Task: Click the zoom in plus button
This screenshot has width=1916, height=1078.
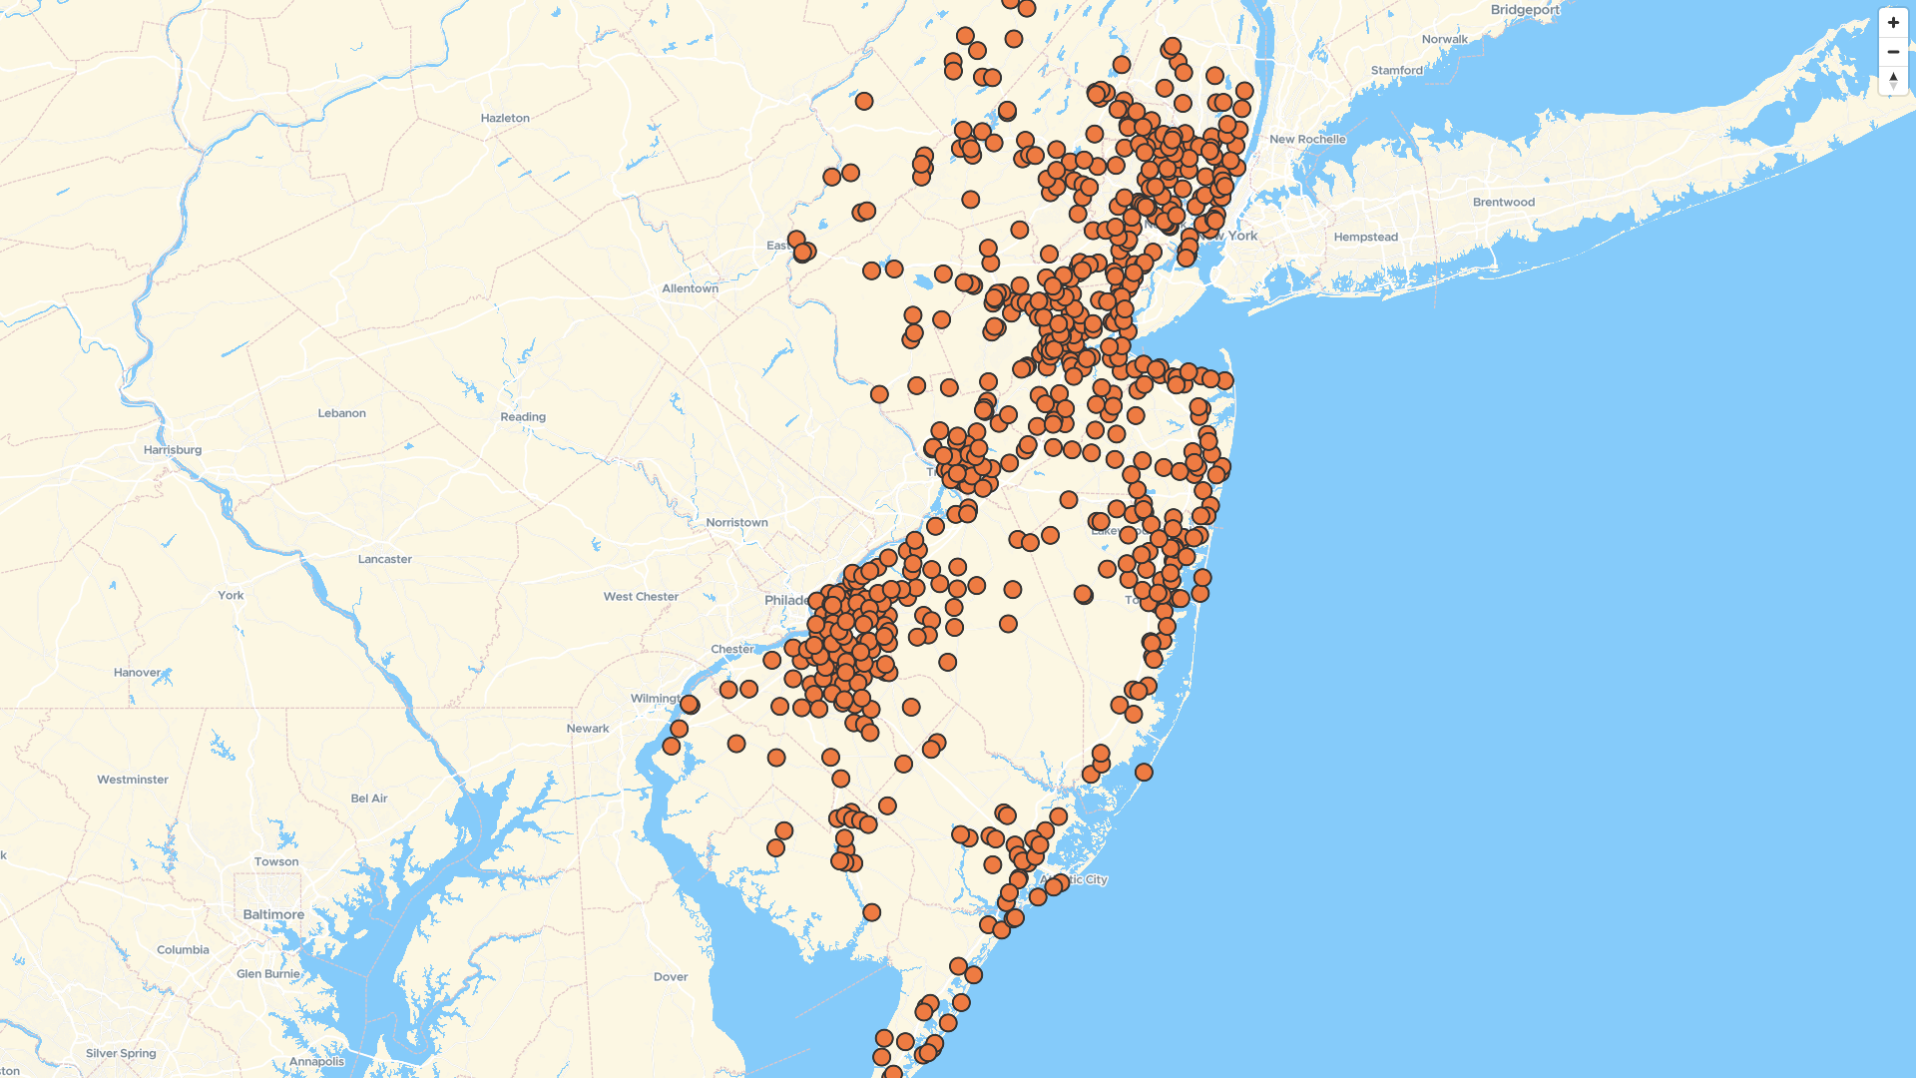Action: coord(1893,23)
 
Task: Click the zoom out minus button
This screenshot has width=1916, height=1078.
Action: coord(1893,52)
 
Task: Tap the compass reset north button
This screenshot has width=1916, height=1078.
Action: coord(1893,80)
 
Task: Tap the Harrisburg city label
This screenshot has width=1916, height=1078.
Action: coord(173,450)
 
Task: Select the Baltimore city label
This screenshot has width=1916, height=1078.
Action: coord(273,914)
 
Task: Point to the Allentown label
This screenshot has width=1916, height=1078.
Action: coord(690,288)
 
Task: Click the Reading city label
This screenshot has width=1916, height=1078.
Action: coord(523,417)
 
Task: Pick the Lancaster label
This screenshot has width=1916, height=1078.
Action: coord(385,559)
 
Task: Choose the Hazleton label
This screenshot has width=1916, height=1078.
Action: coord(505,118)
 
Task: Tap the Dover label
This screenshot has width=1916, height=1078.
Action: coord(671,977)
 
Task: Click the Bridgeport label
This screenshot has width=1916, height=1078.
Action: coord(1525,10)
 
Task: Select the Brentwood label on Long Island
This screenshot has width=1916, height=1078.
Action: coord(1504,203)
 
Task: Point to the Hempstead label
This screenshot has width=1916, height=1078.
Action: coord(1366,238)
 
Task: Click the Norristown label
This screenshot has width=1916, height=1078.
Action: coord(736,523)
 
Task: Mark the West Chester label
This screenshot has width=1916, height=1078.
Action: coord(641,597)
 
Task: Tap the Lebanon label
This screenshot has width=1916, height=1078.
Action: coord(341,413)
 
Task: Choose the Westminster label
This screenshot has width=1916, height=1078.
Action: coord(133,780)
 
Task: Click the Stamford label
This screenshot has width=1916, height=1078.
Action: coord(1397,71)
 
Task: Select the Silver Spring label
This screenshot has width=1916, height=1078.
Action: coord(121,1053)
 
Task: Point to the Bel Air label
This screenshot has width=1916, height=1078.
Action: coord(369,799)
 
